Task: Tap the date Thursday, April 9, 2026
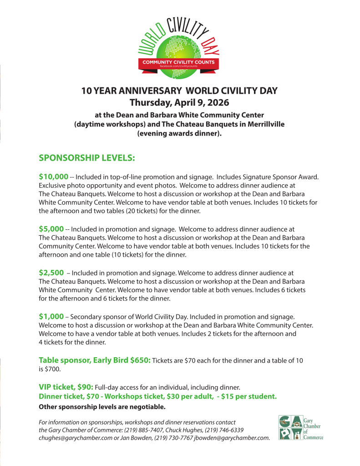coord(179,102)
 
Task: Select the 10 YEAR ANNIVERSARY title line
coord(179,90)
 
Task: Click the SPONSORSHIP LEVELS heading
coord(87,158)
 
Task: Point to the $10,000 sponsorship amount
coord(54,177)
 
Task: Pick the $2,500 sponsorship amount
coord(51,273)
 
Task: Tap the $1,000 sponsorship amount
coord(51,316)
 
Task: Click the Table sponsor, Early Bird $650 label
coord(95,360)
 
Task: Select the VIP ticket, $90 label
coord(66,387)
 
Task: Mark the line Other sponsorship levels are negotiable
coord(102,406)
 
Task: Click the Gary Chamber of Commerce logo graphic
coord(290,428)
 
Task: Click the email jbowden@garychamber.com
coord(232,438)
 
